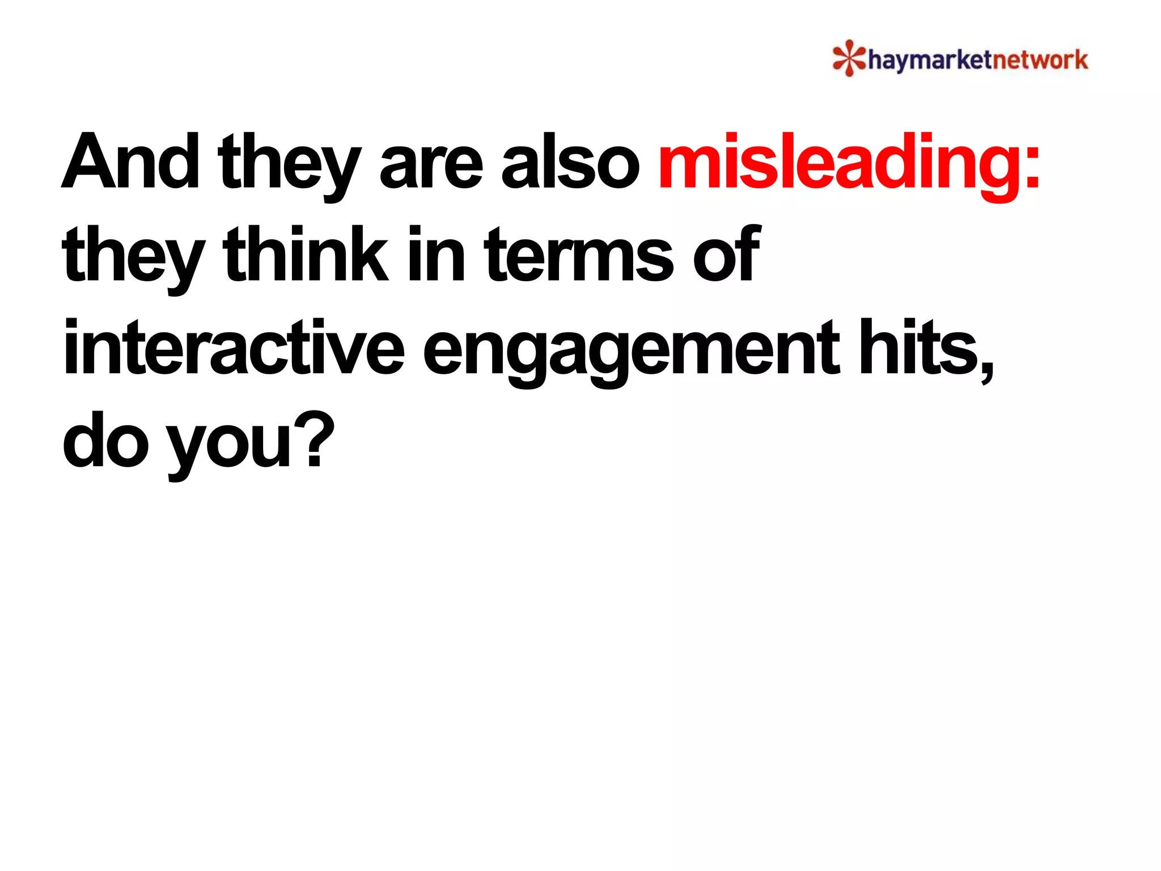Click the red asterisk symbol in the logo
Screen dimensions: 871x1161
(849, 58)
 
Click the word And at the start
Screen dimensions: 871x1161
(130, 162)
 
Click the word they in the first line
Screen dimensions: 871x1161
(289, 164)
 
